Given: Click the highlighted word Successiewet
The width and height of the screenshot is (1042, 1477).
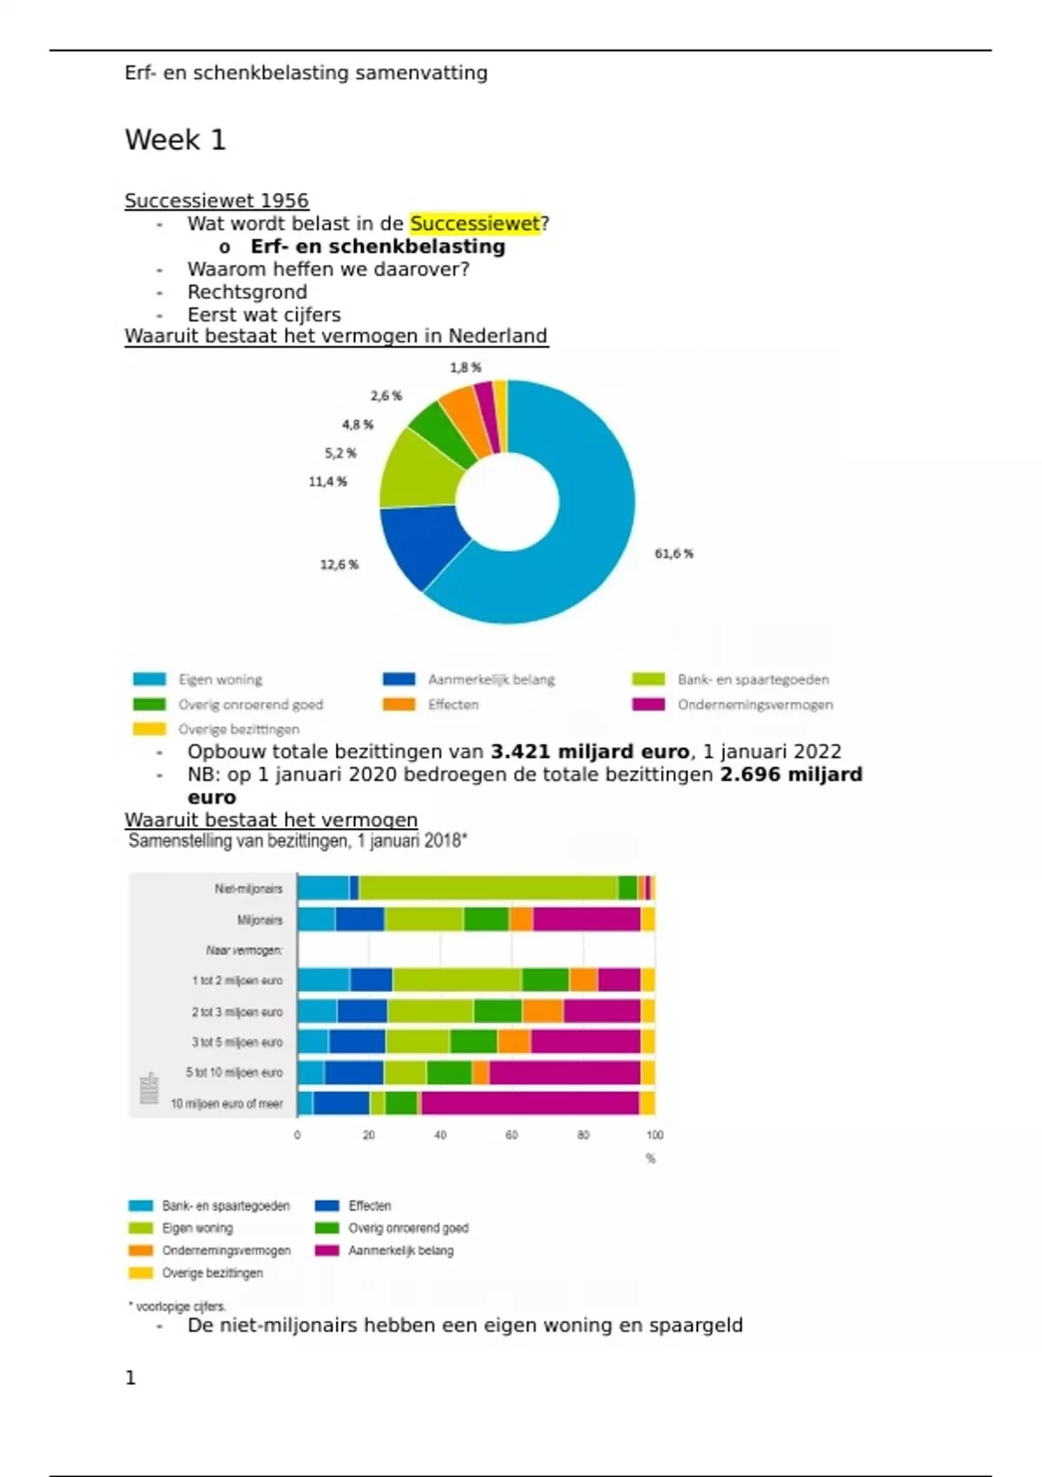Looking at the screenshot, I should pos(475,224).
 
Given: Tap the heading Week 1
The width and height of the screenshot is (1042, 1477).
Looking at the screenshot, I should pos(175,140).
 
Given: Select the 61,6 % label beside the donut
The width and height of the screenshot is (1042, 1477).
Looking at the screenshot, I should pos(674,553).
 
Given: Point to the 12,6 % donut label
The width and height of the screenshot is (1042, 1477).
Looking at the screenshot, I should pos(339,565).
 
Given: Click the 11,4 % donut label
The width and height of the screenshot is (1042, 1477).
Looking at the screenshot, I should pos(327,481).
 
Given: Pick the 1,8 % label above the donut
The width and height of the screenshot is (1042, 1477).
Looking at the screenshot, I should pos(465,368).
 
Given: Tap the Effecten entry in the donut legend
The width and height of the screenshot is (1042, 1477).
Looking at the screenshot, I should pos(452,705).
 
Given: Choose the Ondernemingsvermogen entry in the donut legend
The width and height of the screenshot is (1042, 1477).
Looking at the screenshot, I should pos(755,705).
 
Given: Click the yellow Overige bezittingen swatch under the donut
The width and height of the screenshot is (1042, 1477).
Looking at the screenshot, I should pos(149,729).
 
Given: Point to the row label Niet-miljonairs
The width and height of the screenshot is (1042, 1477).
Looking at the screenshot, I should pos(248,889).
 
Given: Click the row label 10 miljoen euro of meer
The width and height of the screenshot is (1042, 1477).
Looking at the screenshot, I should pos(227,1103).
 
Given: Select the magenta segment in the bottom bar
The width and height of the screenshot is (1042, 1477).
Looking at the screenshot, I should pos(530,1103).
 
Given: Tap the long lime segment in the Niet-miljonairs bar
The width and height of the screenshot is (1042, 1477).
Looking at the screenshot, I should pos(488,888).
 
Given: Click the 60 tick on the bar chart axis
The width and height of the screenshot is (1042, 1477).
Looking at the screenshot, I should pos(511,1135).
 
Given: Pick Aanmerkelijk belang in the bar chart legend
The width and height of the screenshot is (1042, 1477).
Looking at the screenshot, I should pos(400,1251).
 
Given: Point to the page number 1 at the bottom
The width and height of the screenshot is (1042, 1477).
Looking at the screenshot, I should pos(130,1378).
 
